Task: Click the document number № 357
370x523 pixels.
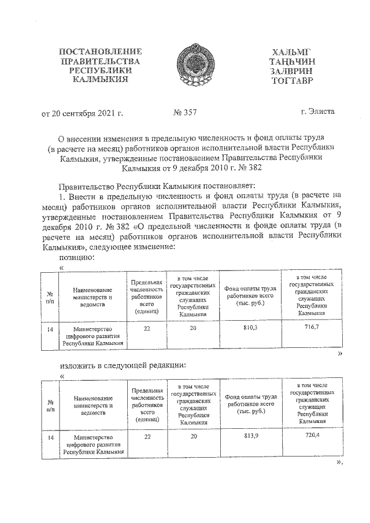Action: click(186, 112)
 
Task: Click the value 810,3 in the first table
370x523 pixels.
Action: click(250, 328)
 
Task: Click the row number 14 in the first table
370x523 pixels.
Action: click(51, 328)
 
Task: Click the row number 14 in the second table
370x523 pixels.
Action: click(51, 438)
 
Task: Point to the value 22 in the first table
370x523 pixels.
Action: click(147, 328)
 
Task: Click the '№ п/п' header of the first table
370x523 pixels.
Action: click(51, 296)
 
